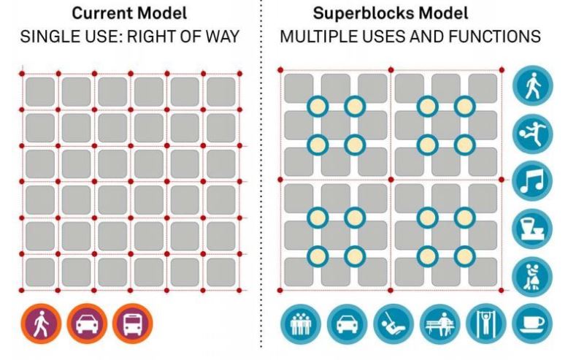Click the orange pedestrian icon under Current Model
(41, 323)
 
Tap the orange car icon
(87, 323)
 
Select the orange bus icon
(133, 323)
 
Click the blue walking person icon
(532, 85)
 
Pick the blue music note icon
(532, 181)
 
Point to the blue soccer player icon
(532, 134)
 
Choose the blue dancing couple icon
(532, 277)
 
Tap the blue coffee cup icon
(532, 323)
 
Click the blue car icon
(347, 323)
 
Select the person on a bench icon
(440, 323)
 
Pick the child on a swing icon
(394, 323)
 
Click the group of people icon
(301, 323)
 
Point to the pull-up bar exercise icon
(486, 323)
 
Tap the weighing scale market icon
(532, 229)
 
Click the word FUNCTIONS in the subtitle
(494, 37)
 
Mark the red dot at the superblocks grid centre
(391, 180)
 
